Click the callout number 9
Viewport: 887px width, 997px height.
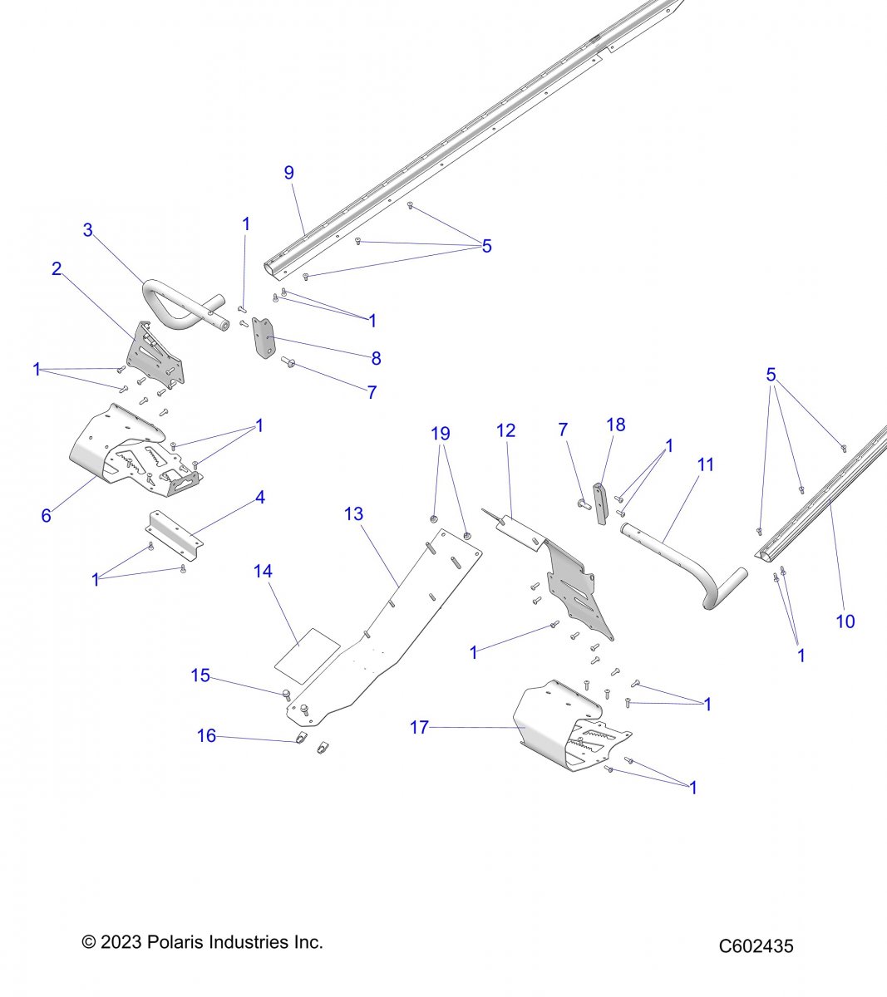[288, 173]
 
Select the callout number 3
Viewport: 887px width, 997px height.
[87, 230]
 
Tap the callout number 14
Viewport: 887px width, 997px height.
[263, 572]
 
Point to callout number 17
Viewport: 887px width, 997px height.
[420, 728]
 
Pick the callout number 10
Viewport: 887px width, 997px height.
[845, 621]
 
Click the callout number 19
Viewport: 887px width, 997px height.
[441, 434]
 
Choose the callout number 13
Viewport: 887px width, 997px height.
[353, 514]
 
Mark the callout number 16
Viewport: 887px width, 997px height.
[206, 736]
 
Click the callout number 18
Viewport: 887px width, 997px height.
[615, 425]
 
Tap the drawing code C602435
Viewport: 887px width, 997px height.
[756, 946]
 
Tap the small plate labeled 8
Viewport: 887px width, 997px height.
[263, 339]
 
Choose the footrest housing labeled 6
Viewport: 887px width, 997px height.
[125, 449]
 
